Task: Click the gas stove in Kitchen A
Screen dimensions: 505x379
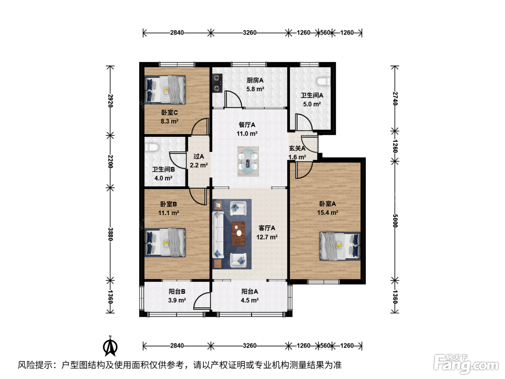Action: [218, 83]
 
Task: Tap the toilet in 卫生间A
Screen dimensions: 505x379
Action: [324, 82]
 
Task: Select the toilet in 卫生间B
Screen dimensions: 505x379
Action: [151, 147]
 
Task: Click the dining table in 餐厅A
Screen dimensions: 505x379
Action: [248, 162]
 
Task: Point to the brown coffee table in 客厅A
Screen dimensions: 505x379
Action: [238, 234]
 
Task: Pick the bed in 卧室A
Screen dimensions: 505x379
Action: [340, 246]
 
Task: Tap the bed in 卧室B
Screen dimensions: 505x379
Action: [165, 243]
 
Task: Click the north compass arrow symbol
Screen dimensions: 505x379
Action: [110, 346]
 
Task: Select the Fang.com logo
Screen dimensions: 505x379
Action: [466, 365]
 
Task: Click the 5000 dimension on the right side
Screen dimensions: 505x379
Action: [395, 221]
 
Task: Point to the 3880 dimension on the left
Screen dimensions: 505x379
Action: [110, 234]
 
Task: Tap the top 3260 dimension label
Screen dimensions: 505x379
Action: [250, 33]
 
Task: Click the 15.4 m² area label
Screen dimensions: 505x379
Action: [328, 212]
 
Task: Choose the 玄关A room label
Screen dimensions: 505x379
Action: [297, 148]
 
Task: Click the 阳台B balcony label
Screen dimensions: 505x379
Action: [177, 292]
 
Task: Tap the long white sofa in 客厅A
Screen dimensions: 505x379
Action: [218, 235]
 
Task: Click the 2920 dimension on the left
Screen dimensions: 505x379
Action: [110, 101]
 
